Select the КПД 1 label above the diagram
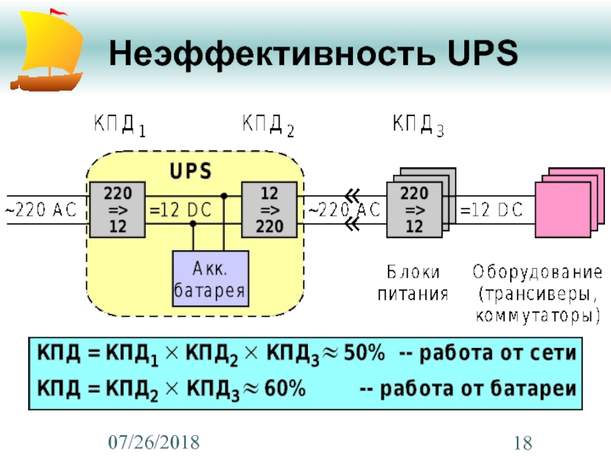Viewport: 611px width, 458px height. [x=119, y=124]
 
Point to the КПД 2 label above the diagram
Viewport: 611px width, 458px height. [x=268, y=124]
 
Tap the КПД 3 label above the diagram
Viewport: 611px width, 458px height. [x=417, y=124]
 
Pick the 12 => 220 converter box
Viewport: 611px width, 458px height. [x=270, y=209]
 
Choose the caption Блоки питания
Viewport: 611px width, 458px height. [x=412, y=282]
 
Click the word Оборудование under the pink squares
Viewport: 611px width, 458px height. [x=537, y=272]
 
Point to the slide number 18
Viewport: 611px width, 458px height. [x=523, y=441]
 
